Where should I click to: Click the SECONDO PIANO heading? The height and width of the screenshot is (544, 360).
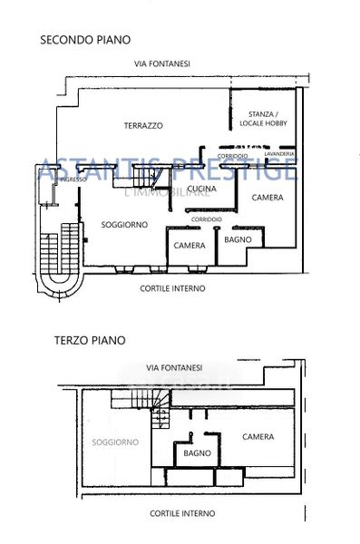pos(85,40)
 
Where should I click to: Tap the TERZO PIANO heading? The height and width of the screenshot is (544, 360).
pos(90,340)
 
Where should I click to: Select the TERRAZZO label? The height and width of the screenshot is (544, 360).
pos(143,126)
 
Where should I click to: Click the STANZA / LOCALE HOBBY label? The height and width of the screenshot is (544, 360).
pos(264,119)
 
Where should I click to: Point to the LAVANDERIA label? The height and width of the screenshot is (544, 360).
pos(279,154)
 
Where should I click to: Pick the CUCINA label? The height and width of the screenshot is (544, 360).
pos(201,189)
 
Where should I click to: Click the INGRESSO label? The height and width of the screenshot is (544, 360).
pos(73,180)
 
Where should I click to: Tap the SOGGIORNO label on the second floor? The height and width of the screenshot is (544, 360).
pos(124,225)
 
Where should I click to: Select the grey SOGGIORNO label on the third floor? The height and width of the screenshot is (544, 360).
pos(115,442)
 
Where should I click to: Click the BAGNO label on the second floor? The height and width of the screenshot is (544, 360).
pos(238,239)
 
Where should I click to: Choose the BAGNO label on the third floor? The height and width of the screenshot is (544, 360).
pos(197,453)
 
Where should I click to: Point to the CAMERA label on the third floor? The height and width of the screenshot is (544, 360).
pos(258,437)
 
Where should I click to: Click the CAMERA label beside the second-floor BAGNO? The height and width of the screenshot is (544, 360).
pos(190,246)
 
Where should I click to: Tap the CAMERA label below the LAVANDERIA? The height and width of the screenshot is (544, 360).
pos(268,198)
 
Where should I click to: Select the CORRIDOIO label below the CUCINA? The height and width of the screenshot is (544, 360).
pos(207,219)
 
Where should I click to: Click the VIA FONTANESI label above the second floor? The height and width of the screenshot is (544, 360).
pos(162,63)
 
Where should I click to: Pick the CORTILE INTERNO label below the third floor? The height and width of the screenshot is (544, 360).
pos(182,513)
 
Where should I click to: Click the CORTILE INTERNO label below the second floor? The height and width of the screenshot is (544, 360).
pos(172,288)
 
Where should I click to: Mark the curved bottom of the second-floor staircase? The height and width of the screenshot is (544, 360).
pos(61,291)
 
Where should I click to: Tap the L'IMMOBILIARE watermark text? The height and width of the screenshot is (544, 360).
pos(168,192)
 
